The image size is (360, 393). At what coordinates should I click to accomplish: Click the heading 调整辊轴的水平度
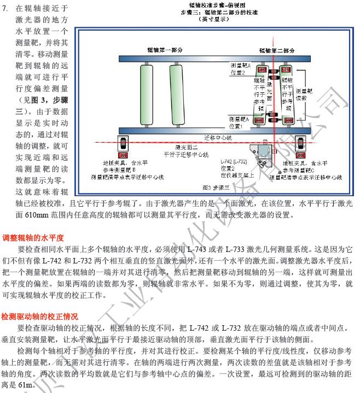[x=34, y=238]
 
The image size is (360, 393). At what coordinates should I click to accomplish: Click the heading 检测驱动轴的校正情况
[x=41, y=316]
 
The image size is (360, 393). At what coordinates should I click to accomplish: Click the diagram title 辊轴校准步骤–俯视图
[x=214, y=5]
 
